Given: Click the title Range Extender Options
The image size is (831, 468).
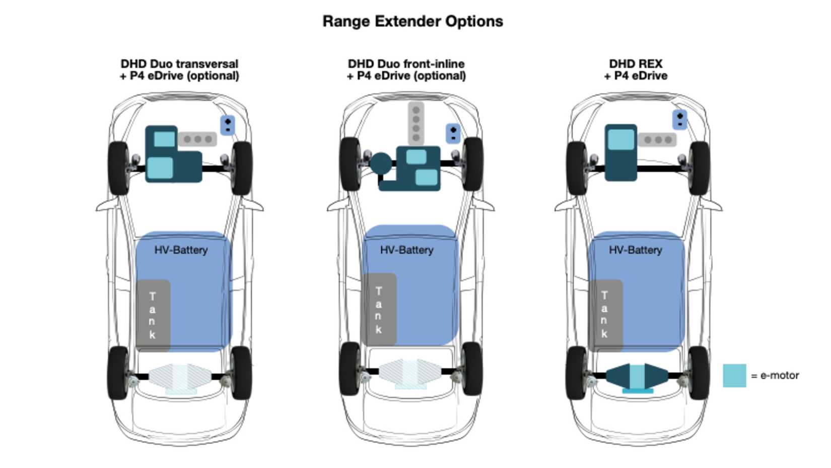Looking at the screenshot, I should click(412, 21).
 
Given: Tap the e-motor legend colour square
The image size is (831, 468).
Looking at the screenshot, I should click(734, 375).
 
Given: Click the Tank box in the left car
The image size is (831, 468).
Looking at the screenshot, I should click(153, 315).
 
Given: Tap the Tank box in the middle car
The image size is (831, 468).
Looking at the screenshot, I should click(379, 310).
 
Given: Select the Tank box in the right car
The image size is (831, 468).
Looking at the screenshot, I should click(605, 315).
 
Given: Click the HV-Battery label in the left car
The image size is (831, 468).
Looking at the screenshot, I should click(181, 250).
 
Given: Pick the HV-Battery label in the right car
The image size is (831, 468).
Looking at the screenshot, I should click(635, 250).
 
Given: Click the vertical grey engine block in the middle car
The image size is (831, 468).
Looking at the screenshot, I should click(415, 124).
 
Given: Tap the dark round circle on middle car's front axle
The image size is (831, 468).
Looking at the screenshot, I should click(381, 163).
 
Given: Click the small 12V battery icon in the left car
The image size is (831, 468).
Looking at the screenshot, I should click(228, 125).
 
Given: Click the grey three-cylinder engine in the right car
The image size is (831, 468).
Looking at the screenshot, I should click(657, 139).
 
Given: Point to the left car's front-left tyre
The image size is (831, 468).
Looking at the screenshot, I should click(118, 168).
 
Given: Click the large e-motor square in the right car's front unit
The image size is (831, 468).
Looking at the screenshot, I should click(621, 140).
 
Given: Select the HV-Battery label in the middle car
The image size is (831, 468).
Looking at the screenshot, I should click(406, 250).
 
